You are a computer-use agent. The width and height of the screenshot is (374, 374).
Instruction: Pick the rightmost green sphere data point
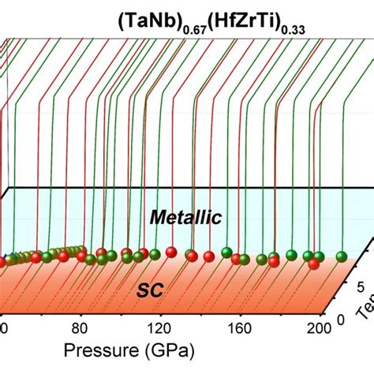[x=342, y=256]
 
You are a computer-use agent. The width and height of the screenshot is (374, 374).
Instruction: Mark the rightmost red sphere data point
[x=312, y=264]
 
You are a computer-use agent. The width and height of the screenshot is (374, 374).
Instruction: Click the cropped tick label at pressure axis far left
[x=2, y=327]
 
